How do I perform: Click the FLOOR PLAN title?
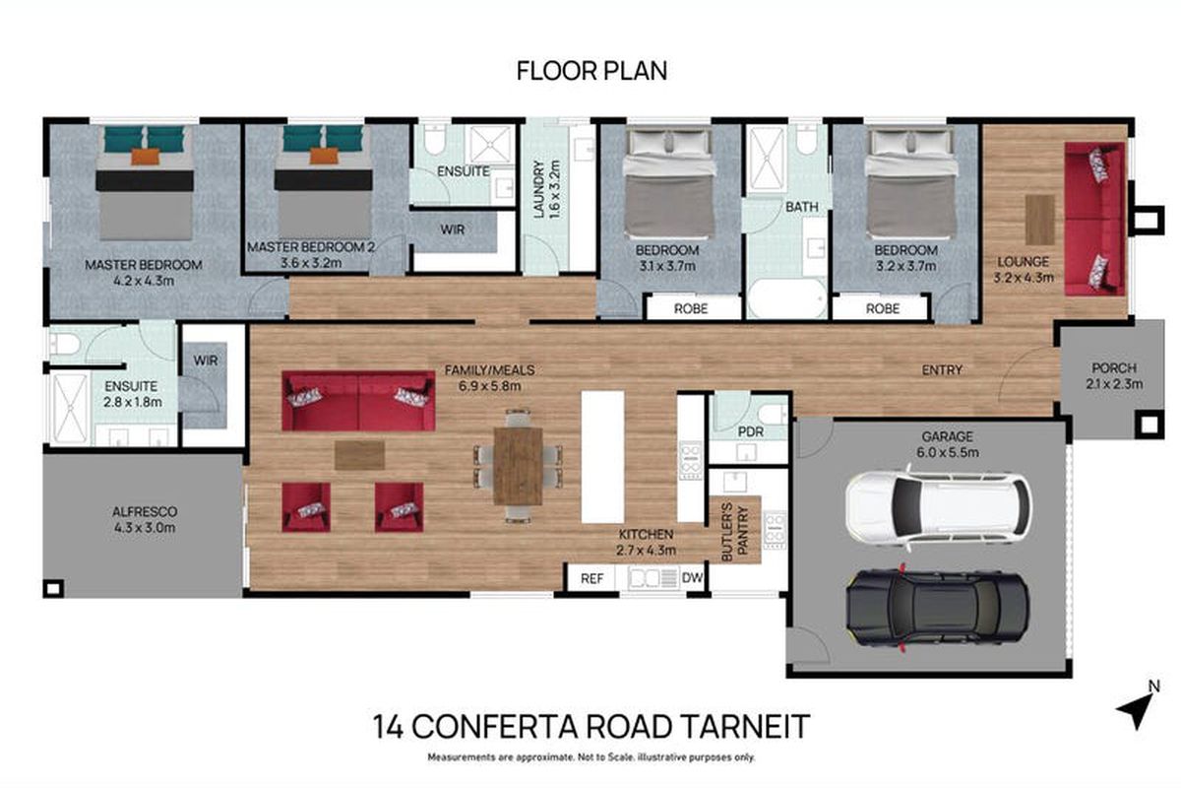click(591, 71)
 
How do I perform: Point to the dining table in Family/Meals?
click(518, 465)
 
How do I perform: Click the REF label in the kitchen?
click(591, 578)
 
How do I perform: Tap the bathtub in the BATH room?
click(786, 297)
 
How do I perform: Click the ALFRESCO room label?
click(142, 511)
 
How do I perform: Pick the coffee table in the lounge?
click(1039, 219)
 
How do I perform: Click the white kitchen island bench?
click(602, 457)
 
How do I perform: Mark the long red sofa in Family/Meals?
click(358, 400)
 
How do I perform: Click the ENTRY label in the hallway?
click(941, 370)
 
